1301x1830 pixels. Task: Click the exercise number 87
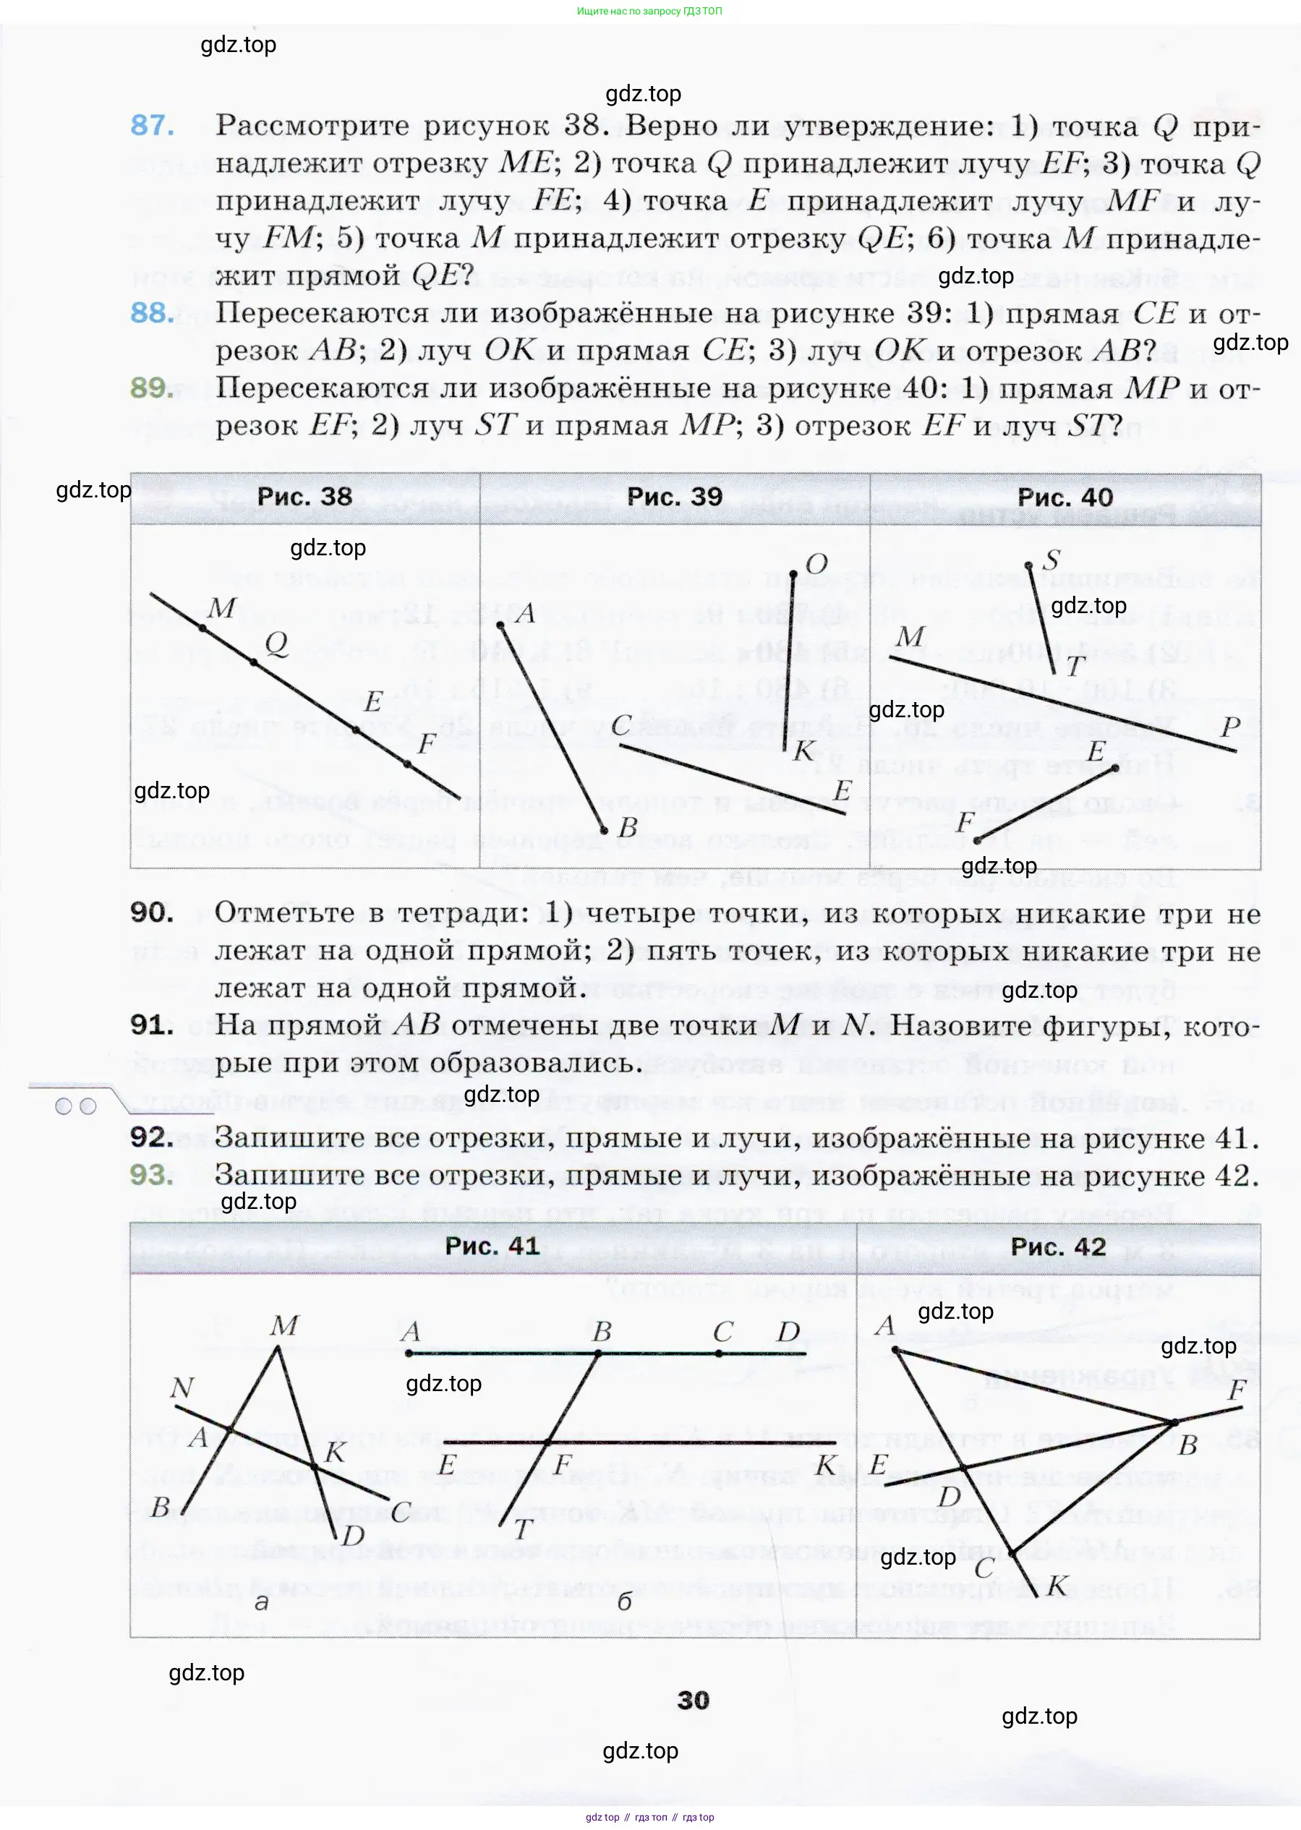coord(152,126)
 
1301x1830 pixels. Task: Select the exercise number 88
coord(152,313)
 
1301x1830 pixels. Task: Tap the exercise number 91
coord(152,1025)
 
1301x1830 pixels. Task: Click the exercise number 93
coord(152,1175)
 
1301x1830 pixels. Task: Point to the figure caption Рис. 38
coord(304,497)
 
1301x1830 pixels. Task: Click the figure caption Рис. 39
coord(675,497)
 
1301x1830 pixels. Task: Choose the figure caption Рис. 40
coord(1065,497)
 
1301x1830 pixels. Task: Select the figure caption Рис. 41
coord(492,1247)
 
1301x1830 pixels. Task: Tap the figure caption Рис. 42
coord(1058,1247)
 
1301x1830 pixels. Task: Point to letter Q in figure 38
coord(276,643)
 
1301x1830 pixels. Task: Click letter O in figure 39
coord(816,564)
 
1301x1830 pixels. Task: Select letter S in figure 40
coord(1052,559)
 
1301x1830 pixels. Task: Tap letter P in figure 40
coord(1231,727)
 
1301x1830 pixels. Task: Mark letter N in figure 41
coord(182,1387)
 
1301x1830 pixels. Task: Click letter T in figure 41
coord(524,1530)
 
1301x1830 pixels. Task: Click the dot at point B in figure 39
coord(605,830)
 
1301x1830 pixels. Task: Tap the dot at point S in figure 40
coord(1028,566)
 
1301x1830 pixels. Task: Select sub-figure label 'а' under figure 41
coord(261,1602)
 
